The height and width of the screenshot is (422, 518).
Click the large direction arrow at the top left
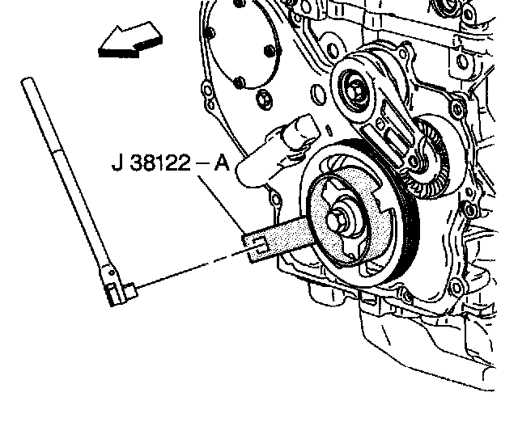pyautogui.click(x=130, y=41)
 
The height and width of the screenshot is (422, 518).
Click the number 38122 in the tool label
pyautogui.click(x=160, y=162)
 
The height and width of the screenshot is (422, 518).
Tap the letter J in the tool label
pyautogui.click(x=117, y=163)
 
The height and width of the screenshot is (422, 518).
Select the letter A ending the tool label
pyautogui.click(x=222, y=162)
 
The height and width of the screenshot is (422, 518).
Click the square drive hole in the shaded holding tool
pyautogui.click(x=259, y=246)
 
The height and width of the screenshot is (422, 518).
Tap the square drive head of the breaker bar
pyautogui.click(x=130, y=290)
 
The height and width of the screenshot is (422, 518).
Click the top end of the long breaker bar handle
pyautogui.click(x=28, y=80)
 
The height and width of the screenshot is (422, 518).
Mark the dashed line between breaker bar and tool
pyautogui.click(x=193, y=268)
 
